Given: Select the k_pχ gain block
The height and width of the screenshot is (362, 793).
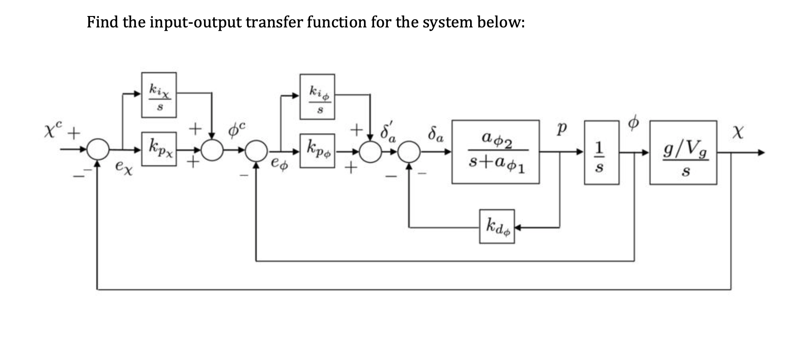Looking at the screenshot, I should click(159, 149).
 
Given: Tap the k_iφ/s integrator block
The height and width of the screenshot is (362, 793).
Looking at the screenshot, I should click(317, 97).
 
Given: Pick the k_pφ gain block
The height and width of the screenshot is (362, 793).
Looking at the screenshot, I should click(317, 150).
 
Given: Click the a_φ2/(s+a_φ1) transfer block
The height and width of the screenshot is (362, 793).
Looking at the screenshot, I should click(496, 152).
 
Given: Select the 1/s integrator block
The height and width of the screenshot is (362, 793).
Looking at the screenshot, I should click(601, 153).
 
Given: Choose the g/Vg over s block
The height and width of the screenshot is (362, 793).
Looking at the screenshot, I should click(683, 153).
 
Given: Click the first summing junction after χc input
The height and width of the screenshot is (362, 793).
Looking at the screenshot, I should click(97, 149).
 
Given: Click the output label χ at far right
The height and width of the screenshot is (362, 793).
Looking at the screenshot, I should click(737, 133).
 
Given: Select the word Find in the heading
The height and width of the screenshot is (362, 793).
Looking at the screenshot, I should click(102, 22).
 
